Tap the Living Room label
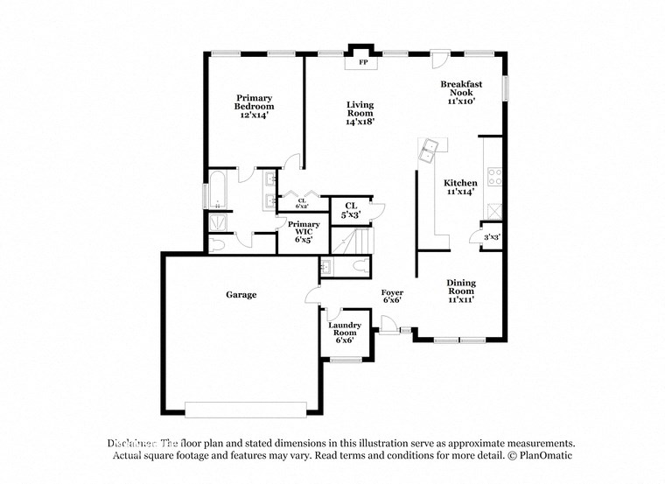(x=359, y=113)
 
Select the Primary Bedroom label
(x=254, y=106)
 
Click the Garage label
(x=241, y=295)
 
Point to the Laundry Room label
(x=344, y=332)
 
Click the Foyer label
(x=391, y=295)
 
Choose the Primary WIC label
(x=303, y=232)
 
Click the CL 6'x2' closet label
(x=301, y=204)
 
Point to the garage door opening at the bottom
(x=245, y=409)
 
